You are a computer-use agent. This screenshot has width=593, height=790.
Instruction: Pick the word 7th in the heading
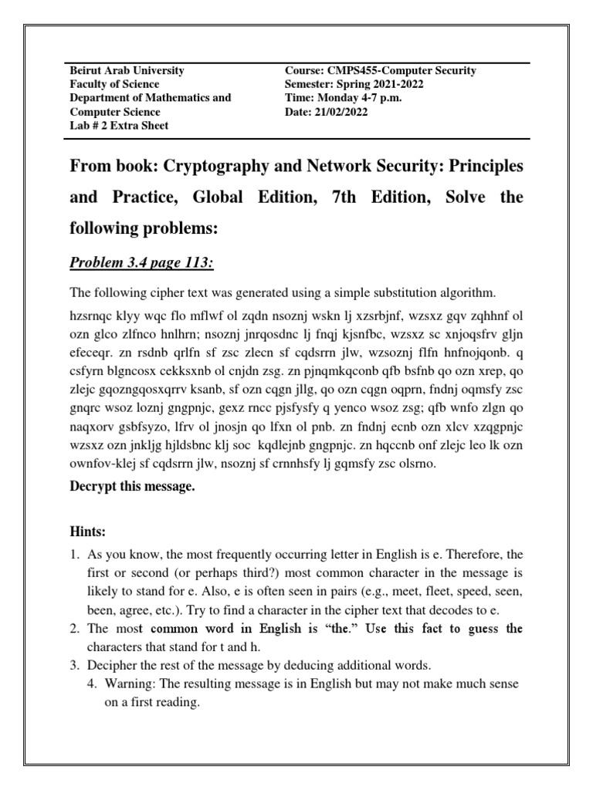tap(346, 197)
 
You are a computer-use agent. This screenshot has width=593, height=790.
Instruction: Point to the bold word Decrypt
tap(95, 487)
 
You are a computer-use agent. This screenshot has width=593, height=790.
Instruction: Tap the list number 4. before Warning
tap(93, 684)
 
